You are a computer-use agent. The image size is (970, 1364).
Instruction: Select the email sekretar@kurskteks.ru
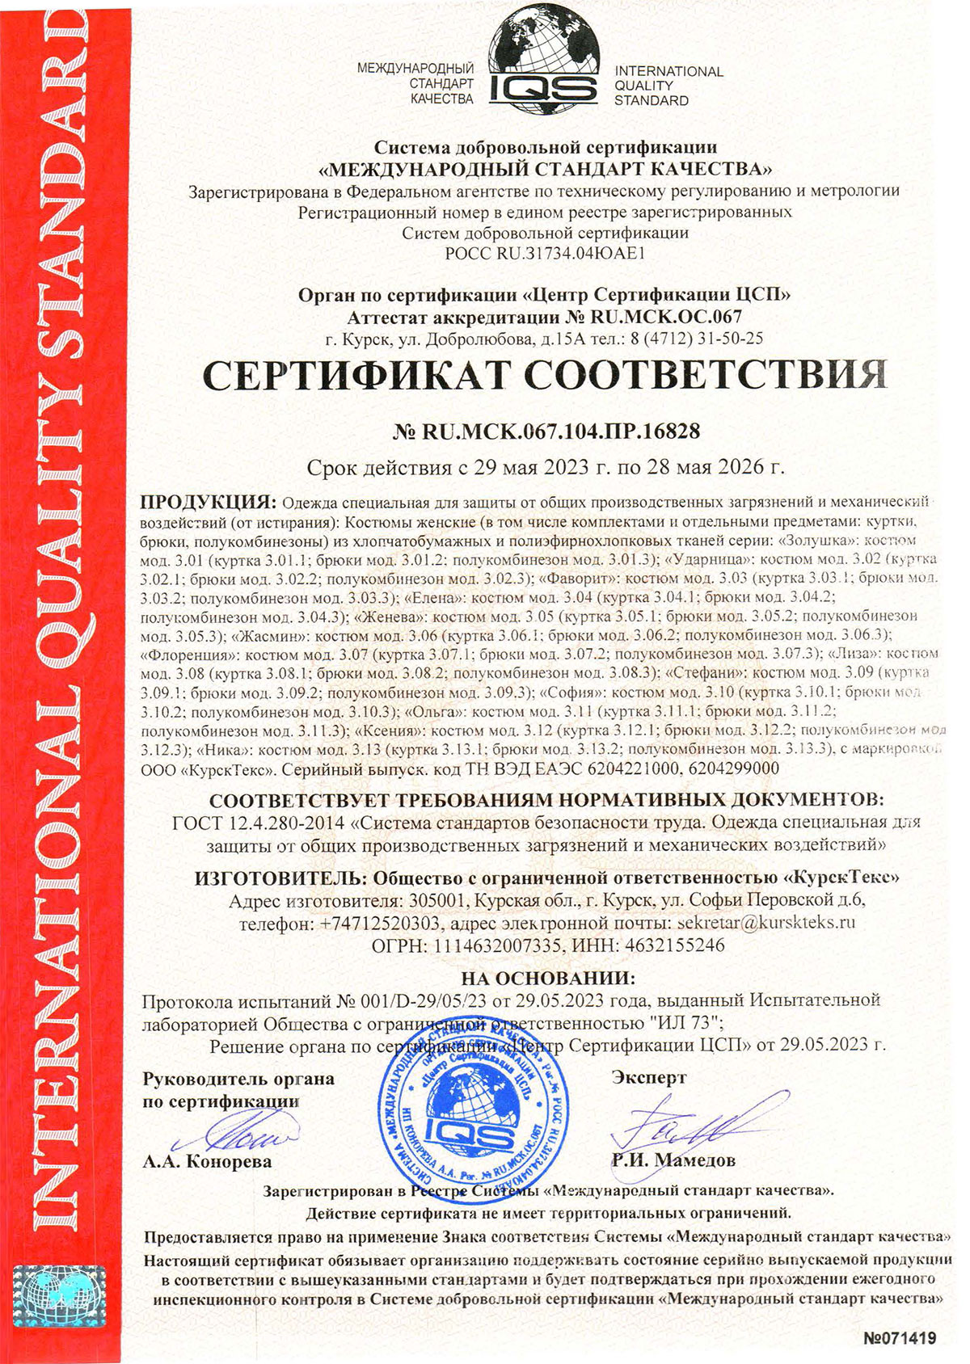tap(765, 922)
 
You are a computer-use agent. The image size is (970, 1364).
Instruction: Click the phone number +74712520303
tap(380, 923)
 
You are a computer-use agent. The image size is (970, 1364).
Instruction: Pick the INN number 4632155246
tap(673, 945)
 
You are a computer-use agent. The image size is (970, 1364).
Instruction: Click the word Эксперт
tap(649, 1077)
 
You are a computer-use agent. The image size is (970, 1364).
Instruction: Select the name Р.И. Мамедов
tap(674, 1161)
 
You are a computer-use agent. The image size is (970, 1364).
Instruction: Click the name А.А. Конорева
tap(207, 1162)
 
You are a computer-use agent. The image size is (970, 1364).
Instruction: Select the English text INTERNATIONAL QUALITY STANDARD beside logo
tap(668, 86)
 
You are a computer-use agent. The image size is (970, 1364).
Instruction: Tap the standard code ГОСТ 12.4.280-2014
tap(259, 823)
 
